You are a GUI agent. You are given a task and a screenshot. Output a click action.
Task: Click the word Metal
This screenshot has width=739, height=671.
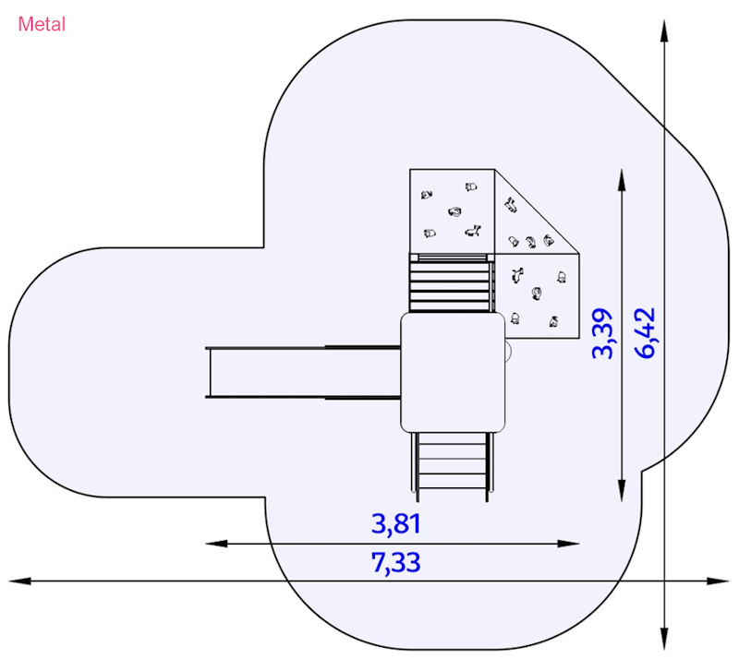coord(42,25)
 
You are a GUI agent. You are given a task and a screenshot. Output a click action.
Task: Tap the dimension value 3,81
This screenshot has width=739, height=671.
coord(396,524)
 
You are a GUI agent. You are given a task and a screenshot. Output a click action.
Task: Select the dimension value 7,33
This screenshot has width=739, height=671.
coord(396,562)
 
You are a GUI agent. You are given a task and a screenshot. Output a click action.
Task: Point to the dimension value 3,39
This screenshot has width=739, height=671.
coord(603,333)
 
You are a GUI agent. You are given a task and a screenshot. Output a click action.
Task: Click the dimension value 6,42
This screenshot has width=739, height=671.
coord(645,333)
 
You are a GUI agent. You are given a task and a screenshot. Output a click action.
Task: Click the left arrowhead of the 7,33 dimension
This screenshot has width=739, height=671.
coord(19,581)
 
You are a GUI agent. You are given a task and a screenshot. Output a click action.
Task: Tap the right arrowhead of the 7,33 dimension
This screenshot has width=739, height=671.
coord(719,581)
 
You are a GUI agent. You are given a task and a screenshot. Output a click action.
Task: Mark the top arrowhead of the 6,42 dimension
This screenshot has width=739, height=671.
coord(664,31)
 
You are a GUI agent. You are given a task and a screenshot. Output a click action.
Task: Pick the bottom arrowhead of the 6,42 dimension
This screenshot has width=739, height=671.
coord(664,639)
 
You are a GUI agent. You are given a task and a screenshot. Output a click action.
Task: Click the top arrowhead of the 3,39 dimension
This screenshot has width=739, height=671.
coord(622,180)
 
